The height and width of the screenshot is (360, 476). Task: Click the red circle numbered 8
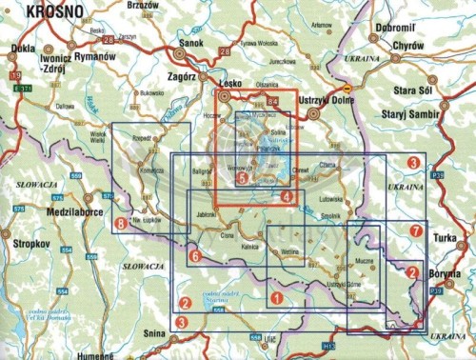tap(120, 224)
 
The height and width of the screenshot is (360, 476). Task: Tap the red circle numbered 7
tap(414, 231)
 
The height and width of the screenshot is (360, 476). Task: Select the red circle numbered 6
tap(193, 256)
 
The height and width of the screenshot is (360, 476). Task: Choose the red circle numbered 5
tap(243, 177)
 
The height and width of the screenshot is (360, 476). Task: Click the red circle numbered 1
tap(276, 298)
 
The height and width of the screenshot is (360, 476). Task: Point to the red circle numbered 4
tap(287, 195)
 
